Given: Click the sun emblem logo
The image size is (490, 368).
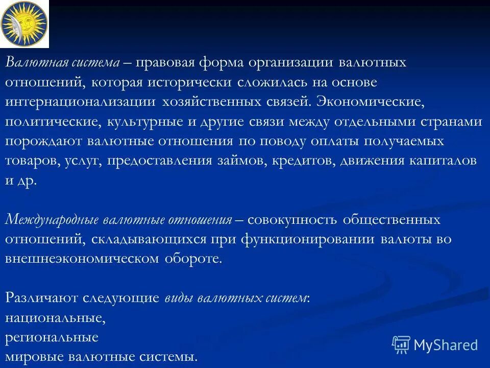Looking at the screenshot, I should tap(24, 23).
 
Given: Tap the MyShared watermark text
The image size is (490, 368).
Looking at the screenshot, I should tap(446, 345).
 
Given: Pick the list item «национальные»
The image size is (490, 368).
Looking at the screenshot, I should tap(55, 318).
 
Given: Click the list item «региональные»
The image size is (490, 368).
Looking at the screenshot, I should tap(52, 337).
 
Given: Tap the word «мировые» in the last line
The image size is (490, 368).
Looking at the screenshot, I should tap(31, 357).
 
